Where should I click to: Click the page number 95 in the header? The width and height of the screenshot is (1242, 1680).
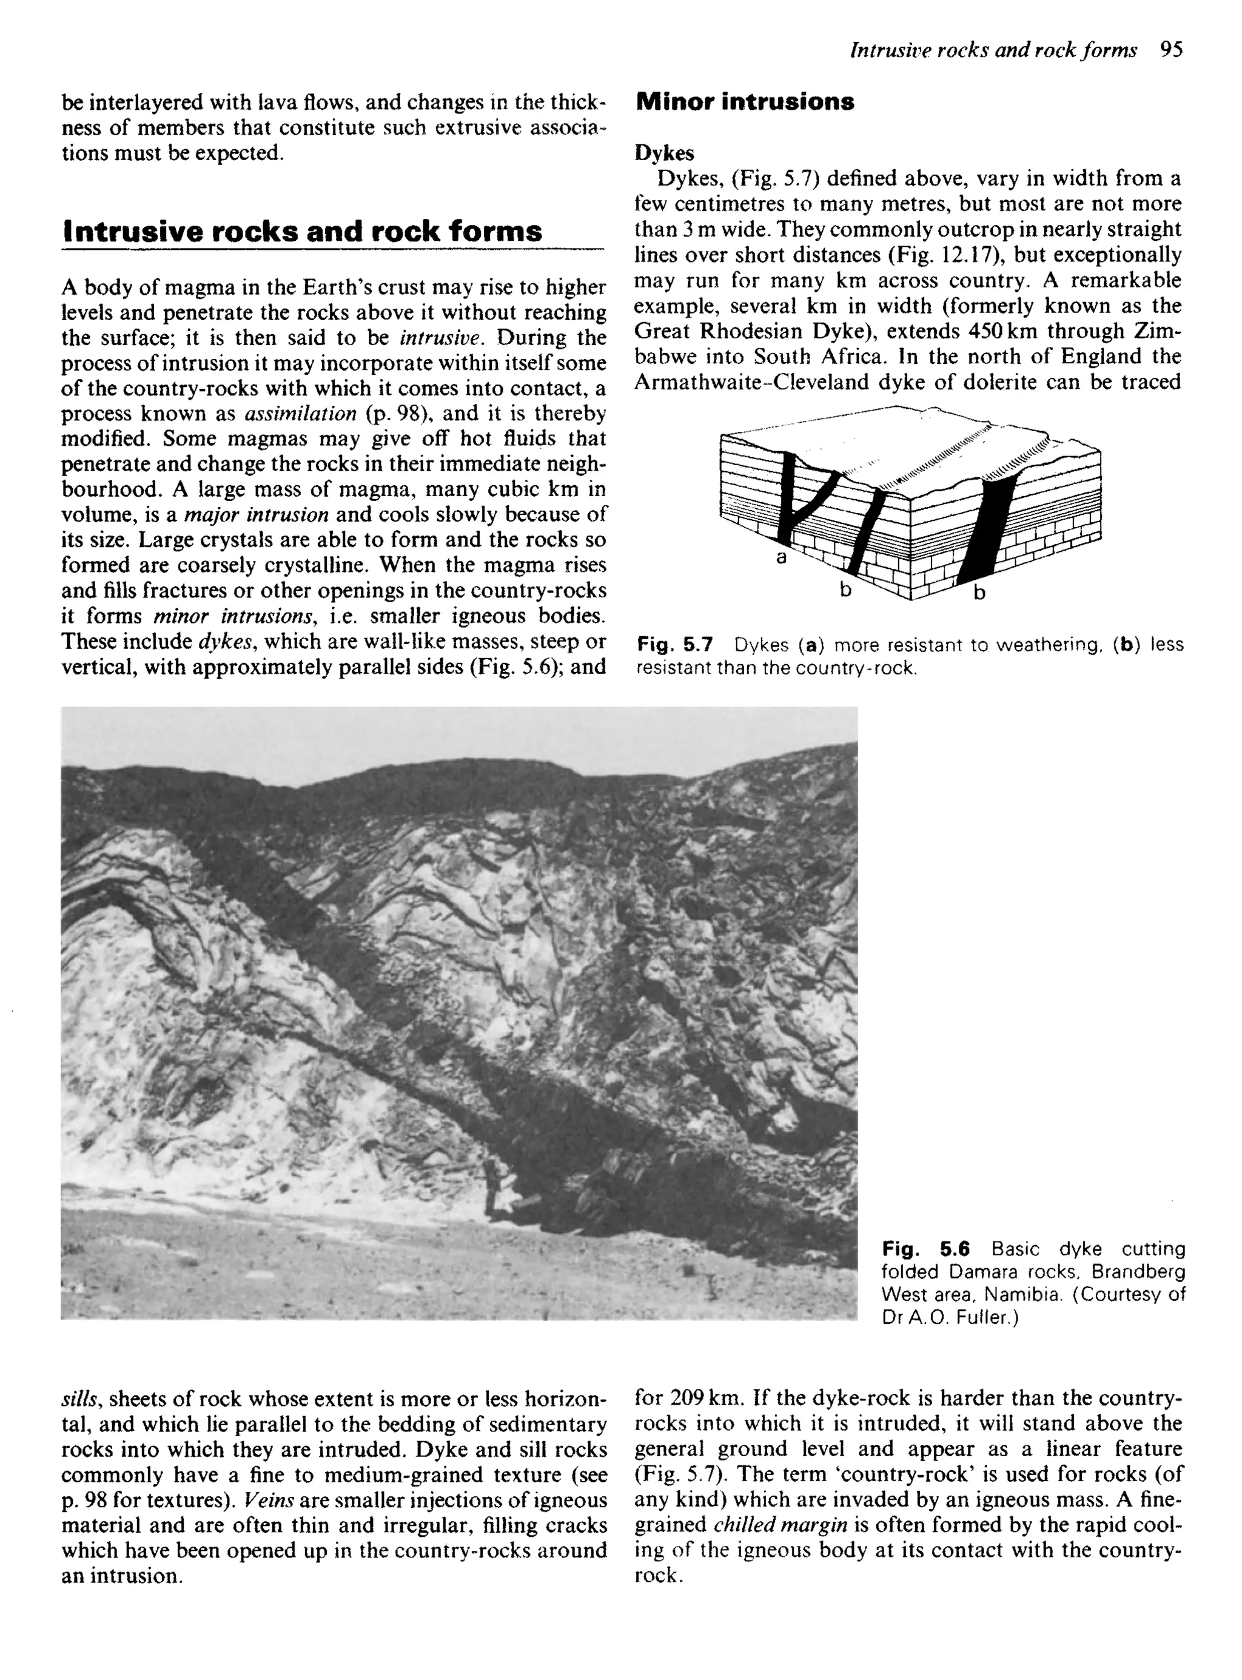point(1171,50)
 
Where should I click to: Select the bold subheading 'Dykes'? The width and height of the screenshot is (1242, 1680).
point(664,153)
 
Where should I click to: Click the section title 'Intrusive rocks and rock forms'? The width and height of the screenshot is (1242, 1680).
point(301,230)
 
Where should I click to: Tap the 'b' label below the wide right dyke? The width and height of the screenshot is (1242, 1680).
point(979,593)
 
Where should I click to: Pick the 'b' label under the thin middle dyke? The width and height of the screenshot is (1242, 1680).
point(845,590)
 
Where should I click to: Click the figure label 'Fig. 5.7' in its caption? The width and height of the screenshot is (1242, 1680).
point(674,644)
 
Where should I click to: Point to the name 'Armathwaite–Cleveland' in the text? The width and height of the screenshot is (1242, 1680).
point(752,382)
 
